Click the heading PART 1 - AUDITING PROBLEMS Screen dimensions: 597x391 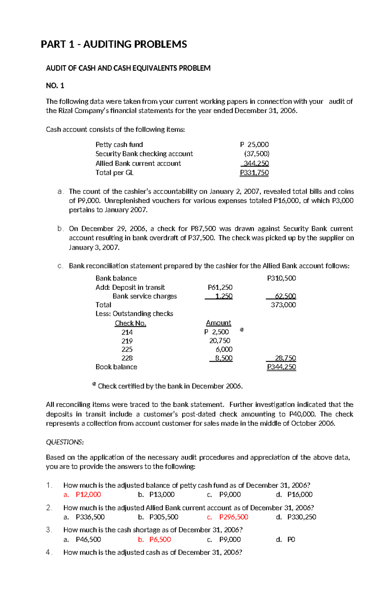(114, 44)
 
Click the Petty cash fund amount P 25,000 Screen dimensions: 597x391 (254, 144)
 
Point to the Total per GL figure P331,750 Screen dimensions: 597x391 (254, 173)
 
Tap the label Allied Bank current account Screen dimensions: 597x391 (138, 163)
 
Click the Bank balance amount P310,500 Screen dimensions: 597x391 (281, 278)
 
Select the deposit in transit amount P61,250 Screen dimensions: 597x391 (220, 287)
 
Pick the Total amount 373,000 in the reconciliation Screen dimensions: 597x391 (283, 305)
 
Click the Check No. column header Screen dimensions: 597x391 (130, 323)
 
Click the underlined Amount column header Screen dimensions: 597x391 (218, 323)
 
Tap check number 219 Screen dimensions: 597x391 (127, 341)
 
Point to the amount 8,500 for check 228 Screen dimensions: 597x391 (223, 358)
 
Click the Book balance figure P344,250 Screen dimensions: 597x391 (281, 367)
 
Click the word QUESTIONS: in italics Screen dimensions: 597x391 (65, 442)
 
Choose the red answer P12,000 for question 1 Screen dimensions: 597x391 (88, 495)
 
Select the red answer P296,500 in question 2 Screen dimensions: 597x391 (234, 517)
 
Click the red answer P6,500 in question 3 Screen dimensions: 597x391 (160, 539)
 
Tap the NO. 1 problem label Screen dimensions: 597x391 (55, 86)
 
